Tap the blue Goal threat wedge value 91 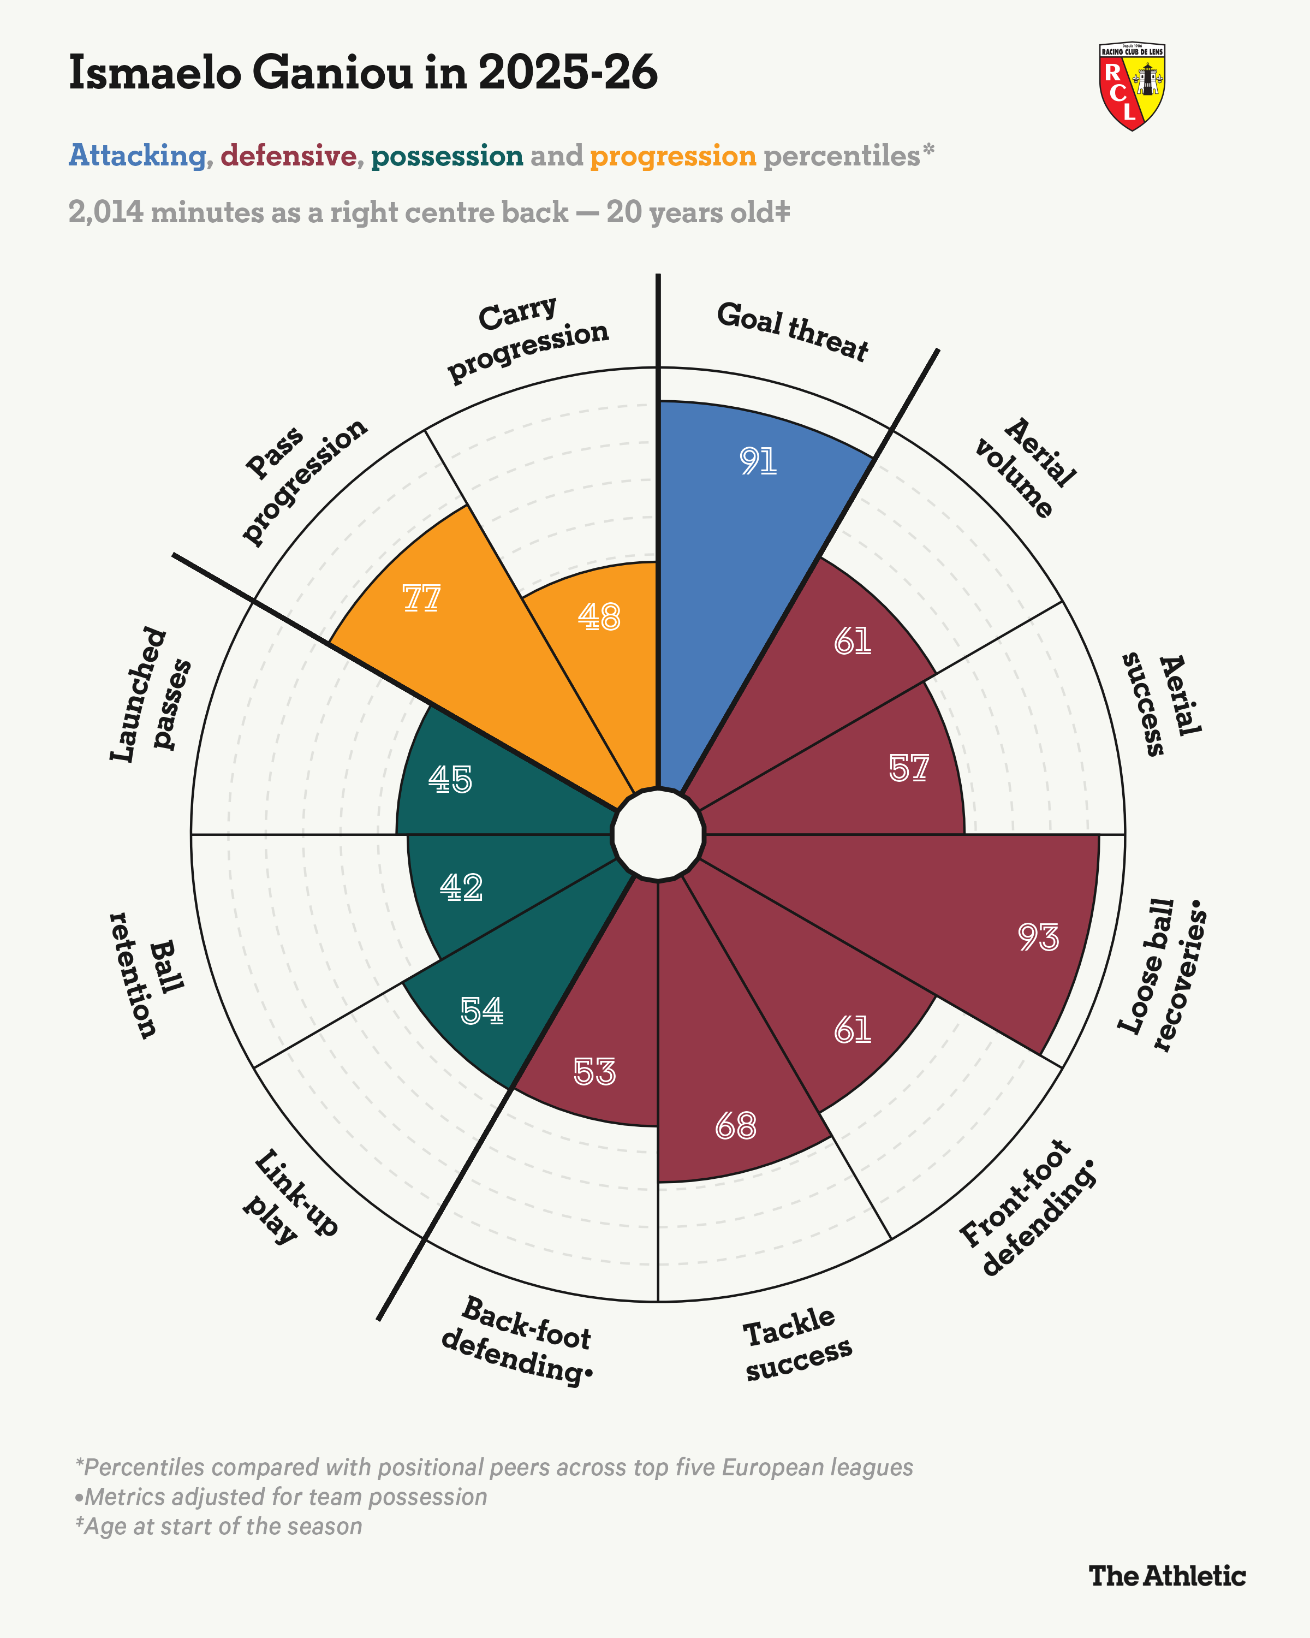pyautogui.click(x=758, y=461)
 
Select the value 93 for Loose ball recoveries pyautogui.click(x=1038, y=937)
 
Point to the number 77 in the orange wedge pyautogui.click(x=421, y=598)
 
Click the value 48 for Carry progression pyautogui.click(x=599, y=617)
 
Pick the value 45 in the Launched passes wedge pyautogui.click(x=450, y=780)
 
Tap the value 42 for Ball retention pyautogui.click(x=461, y=887)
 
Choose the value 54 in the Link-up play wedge pyautogui.click(x=482, y=1011)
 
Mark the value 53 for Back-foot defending pyautogui.click(x=594, y=1072)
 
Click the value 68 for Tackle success pyautogui.click(x=736, y=1126)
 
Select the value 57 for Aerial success pyautogui.click(x=909, y=769)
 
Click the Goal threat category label pyautogui.click(x=792, y=331)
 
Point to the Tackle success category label pyautogui.click(x=796, y=1345)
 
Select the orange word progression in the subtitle pyautogui.click(x=673, y=156)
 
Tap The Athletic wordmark pyautogui.click(x=1167, y=1576)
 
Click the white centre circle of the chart pyautogui.click(x=658, y=834)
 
